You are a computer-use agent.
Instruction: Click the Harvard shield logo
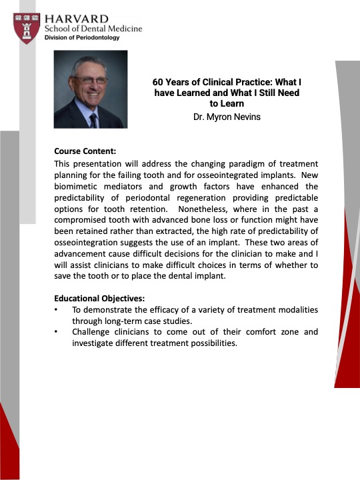[x=27, y=28]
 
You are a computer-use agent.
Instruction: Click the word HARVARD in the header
[x=77, y=19]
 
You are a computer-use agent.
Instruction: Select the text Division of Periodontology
[x=82, y=37]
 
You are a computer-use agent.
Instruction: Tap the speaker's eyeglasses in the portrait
[x=90, y=80]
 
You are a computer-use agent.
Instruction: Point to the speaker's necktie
[x=94, y=121]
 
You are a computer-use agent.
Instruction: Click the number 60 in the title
[x=157, y=82]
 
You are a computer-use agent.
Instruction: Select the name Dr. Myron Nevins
[x=227, y=117]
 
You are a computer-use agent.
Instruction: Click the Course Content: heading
[x=85, y=151]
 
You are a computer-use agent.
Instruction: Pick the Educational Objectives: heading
[x=99, y=298]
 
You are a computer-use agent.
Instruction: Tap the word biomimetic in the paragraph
[x=75, y=187]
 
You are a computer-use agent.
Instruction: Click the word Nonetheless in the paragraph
[x=203, y=209]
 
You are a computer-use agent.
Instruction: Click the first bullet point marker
[x=56, y=310]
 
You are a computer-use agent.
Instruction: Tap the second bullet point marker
[x=56, y=332]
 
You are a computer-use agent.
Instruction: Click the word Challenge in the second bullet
[x=91, y=332]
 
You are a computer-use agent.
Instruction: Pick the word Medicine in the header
[x=125, y=29]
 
